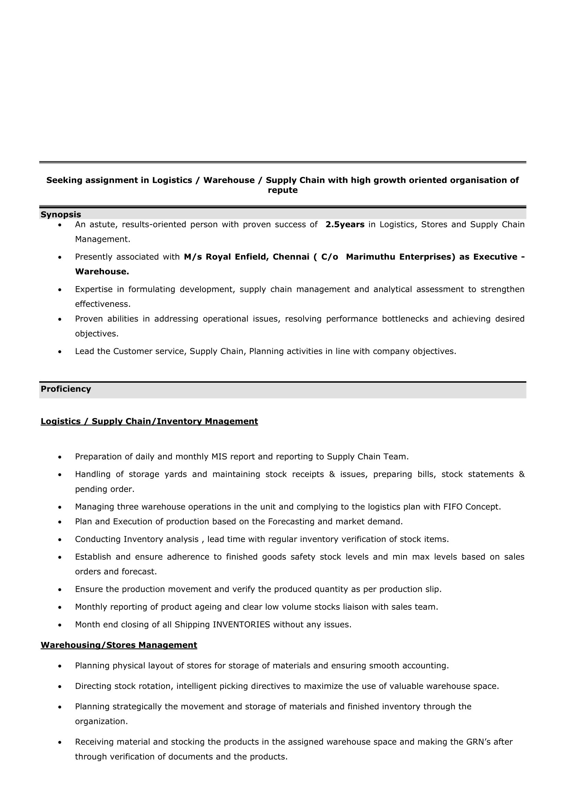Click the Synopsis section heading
coord(61,214)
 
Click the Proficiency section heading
coord(66,389)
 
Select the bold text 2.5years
coord(345,225)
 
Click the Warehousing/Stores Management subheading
coord(119,645)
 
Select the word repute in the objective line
coord(283,190)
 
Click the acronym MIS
coord(220,457)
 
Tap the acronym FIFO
coord(453,507)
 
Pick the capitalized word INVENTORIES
coord(241,625)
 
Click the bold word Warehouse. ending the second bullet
coord(102,272)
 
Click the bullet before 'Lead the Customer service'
coord(60,351)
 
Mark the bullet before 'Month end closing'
coord(60,625)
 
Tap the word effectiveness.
coord(102,304)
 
